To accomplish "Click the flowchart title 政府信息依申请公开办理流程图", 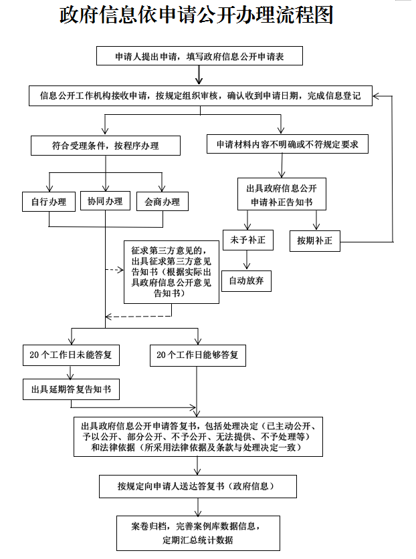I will click(x=197, y=15).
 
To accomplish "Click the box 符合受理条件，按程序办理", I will click(x=105, y=146).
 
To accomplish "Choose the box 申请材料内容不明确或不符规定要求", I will click(x=287, y=145).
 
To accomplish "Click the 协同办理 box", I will click(x=105, y=201).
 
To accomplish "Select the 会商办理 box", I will click(x=162, y=202).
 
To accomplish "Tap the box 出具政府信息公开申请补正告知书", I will click(x=282, y=194).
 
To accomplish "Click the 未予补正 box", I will click(x=247, y=240).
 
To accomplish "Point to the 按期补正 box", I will click(x=315, y=240).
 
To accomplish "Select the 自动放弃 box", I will click(x=247, y=281).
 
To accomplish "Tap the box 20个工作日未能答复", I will click(x=71, y=356).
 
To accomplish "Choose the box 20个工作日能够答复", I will click(x=197, y=356).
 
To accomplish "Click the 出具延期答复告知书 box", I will click(x=71, y=389).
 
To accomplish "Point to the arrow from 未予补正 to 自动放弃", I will click(x=247, y=261).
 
